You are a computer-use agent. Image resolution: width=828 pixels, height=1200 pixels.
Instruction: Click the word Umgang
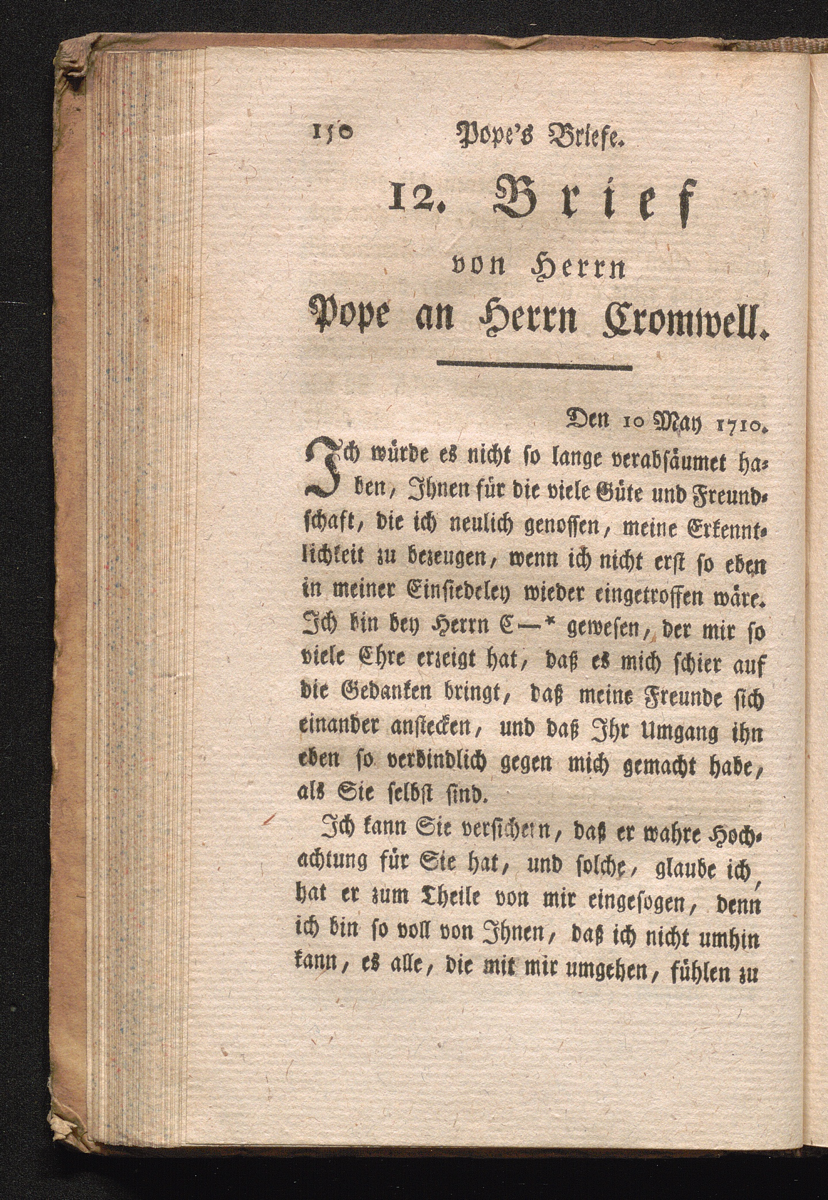pyautogui.click(x=677, y=734)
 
